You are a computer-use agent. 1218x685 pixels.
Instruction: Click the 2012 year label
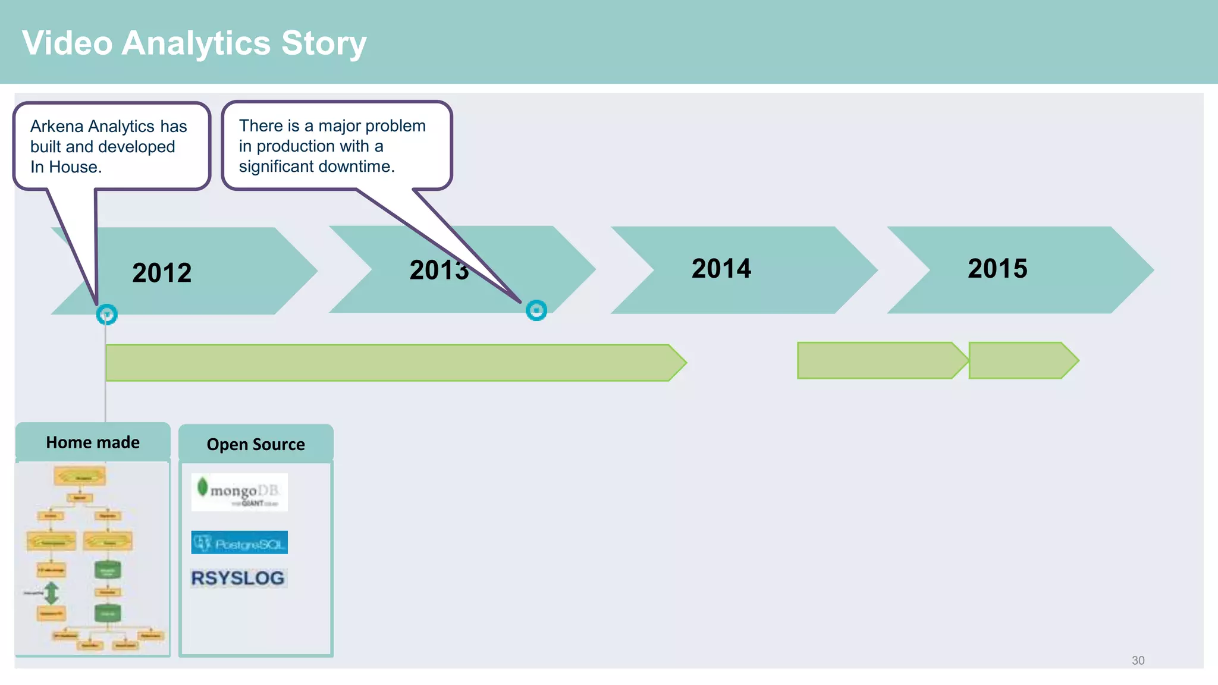click(162, 273)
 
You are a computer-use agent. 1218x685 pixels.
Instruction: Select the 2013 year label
click(439, 270)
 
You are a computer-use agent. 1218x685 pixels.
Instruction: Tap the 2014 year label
click(721, 268)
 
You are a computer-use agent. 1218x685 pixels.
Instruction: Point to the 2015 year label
click(997, 268)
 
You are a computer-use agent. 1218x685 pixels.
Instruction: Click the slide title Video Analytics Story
click(194, 43)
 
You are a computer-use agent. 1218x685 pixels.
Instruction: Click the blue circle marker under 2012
click(107, 314)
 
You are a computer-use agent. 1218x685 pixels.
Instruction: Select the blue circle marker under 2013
click(536, 310)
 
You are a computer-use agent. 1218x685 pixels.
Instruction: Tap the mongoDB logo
click(239, 492)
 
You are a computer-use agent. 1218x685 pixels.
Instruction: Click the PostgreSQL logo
click(239, 542)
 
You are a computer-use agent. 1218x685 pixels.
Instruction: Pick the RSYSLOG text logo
click(238, 578)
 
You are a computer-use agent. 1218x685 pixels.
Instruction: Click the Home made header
click(93, 442)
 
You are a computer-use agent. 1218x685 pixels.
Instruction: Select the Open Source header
click(256, 444)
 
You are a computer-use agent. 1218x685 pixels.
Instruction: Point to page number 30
click(1138, 661)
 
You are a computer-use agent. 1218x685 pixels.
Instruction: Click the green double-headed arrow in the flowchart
click(52, 592)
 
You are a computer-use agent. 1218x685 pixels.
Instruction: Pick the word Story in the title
click(324, 43)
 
